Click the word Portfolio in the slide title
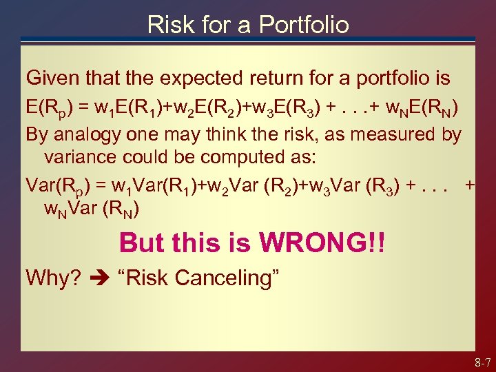pos(304,25)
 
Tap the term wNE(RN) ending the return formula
pos(418,107)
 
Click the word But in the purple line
pos(142,243)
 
